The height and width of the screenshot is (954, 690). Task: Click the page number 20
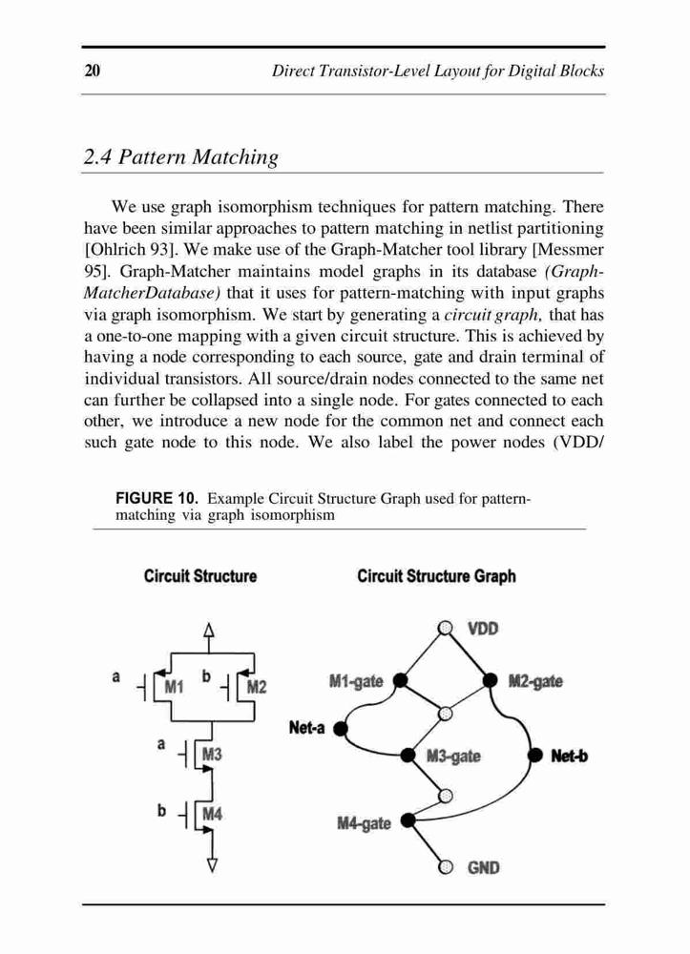(x=93, y=71)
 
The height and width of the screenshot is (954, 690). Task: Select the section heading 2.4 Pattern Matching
(x=180, y=157)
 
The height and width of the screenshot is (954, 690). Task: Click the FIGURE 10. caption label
(x=157, y=498)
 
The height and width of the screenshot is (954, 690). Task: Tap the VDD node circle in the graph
(x=446, y=628)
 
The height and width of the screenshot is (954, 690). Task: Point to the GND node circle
(x=446, y=867)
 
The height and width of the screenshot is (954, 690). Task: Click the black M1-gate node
(x=400, y=680)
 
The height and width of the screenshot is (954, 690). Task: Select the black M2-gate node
(x=491, y=680)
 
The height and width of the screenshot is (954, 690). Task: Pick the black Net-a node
(x=341, y=728)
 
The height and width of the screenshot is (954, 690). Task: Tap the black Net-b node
(x=534, y=756)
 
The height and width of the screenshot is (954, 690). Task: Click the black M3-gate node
(x=408, y=756)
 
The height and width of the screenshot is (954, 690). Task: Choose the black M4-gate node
(x=408, y=820)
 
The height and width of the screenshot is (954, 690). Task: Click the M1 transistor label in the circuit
(x=175, y=687)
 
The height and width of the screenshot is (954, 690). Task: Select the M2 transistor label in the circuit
(x=257, y=687)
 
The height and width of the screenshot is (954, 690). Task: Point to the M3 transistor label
(x=213, y=755)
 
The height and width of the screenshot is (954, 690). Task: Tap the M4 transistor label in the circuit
(x=213, y=814)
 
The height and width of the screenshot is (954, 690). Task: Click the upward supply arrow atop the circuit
(x=209, y=637)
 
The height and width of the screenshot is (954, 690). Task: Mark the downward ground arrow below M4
(x=212, y=854)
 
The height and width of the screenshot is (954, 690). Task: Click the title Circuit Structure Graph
(x=436, y=576)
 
